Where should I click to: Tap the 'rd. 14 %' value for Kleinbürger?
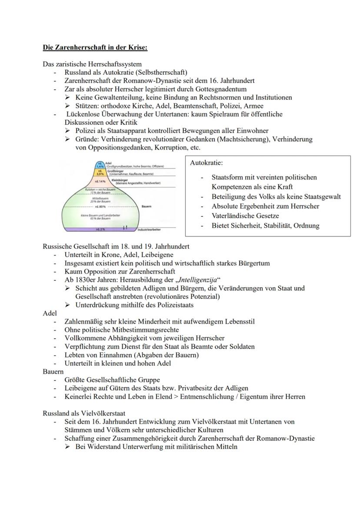point(100,181)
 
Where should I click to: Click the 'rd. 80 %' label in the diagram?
point(100,207)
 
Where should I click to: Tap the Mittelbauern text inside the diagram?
point(100,198)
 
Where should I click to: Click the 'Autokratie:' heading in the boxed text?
point(207,163)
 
